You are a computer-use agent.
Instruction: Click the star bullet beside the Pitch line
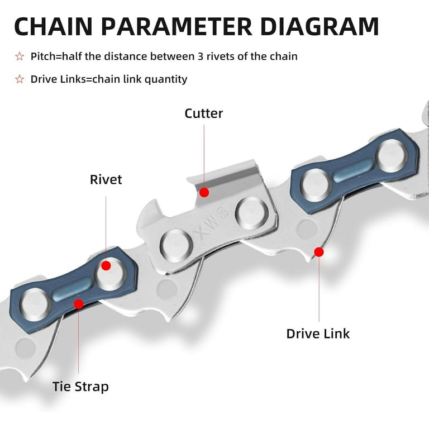click(20, 56)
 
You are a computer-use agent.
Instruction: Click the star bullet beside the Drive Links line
click(20, 79)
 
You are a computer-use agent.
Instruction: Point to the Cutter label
click(204, 113)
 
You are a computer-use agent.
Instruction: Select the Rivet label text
click(106, 180)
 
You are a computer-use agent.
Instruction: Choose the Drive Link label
click(318, 333)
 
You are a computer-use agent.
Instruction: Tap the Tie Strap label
click(80, 386)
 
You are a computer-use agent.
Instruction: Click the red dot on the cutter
click(204, 192)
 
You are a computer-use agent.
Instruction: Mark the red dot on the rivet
click(106, 265)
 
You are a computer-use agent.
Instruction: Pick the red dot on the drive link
click(319, 252)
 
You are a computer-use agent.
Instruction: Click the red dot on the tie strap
click(79, 304)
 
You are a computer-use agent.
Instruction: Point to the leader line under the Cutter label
click(204, 156)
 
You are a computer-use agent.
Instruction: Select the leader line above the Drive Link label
click(319, 290)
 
